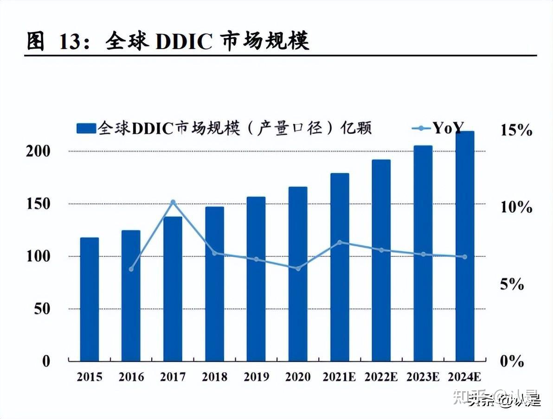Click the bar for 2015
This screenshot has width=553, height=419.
point(89,299)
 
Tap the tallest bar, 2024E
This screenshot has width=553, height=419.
point(464,246)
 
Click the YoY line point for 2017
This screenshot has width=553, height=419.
point(173,202)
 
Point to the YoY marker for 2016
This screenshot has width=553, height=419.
point(131,269)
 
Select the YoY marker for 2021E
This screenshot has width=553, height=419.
point(340,242)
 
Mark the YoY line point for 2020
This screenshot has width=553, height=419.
point(298,268)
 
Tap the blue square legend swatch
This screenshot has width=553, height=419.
point(86,128)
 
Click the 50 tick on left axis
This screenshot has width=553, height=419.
point(42,309)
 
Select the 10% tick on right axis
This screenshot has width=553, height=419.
point(516,207)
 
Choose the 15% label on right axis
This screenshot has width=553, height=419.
point(516,130)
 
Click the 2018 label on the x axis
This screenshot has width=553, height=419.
point(214,377)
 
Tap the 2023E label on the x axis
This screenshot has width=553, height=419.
point(423,377)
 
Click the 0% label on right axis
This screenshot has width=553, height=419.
point(512,361)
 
